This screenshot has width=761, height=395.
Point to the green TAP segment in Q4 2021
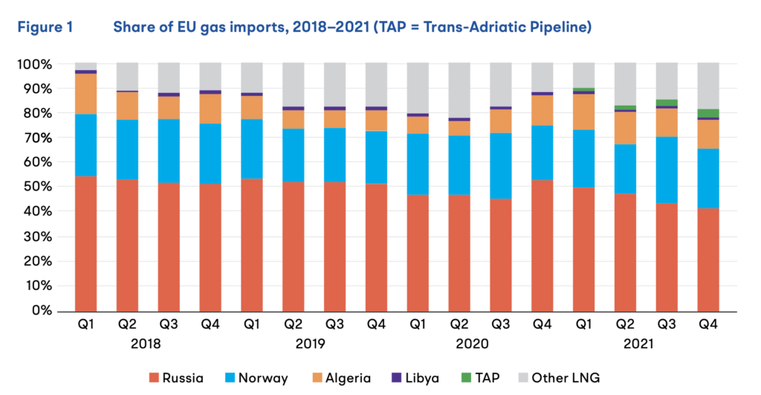point(707,113)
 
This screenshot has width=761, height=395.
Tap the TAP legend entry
point(499,378)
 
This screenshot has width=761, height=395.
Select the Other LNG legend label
point(571,378)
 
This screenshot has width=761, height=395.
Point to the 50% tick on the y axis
point(37,187)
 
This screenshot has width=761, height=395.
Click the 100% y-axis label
point(34,65)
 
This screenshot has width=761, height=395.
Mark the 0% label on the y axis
point(40,310)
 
